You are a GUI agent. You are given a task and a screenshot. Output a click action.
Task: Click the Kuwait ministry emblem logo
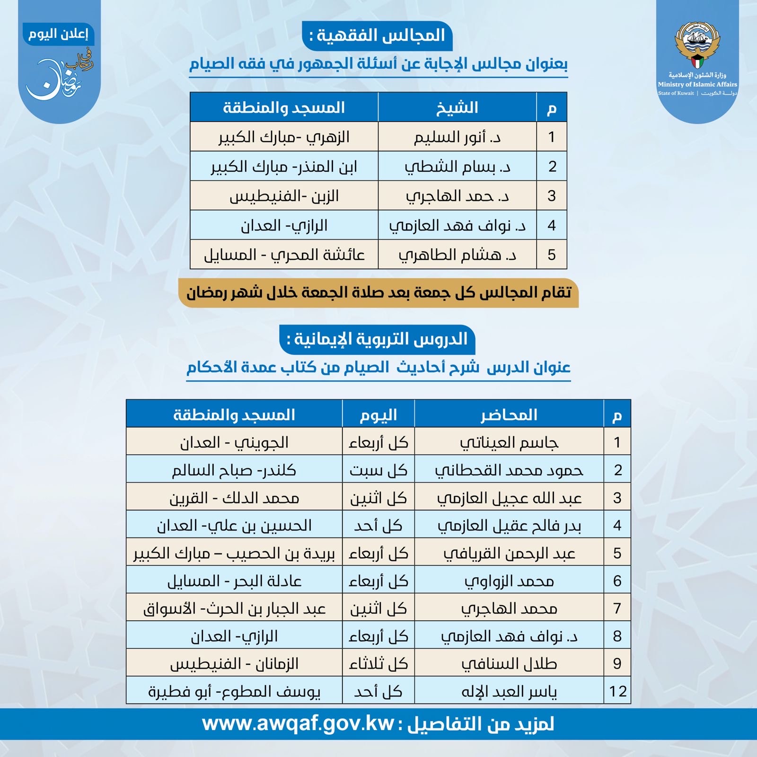[697, 45]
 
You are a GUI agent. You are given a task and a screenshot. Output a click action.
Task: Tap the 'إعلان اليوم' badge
[58, 34]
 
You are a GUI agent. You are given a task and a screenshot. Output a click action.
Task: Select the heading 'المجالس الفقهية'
[377, 35]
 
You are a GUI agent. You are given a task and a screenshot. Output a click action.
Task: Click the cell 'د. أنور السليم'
[457, 137]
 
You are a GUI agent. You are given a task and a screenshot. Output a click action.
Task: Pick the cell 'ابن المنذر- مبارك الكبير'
[284, 167]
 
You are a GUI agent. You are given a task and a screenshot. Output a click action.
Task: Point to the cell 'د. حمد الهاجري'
[457, 196]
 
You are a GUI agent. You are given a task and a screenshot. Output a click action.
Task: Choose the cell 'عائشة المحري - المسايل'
[284, 255]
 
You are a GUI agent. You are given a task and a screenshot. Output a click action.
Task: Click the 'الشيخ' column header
[457, 108]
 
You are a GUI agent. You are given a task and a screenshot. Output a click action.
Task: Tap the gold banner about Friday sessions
[378, 293]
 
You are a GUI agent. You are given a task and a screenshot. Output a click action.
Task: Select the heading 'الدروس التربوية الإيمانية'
[377, 339]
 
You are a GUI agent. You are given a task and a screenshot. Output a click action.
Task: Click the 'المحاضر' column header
[509, 415]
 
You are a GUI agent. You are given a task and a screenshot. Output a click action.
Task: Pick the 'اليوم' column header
[378, 415]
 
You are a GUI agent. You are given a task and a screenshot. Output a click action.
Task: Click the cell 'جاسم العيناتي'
[509, 442]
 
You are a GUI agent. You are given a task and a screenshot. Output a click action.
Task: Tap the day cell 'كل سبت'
[378, 470]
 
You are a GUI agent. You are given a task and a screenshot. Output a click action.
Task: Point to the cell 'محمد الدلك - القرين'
[234, 498]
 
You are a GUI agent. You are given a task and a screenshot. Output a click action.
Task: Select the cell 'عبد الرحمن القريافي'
[509, 553]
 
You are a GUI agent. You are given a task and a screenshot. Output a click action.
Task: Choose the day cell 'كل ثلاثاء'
[378, 663]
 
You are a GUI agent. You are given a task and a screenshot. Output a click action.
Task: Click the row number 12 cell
[617, 691]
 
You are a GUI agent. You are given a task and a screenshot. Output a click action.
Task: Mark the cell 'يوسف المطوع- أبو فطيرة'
[234, 691]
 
